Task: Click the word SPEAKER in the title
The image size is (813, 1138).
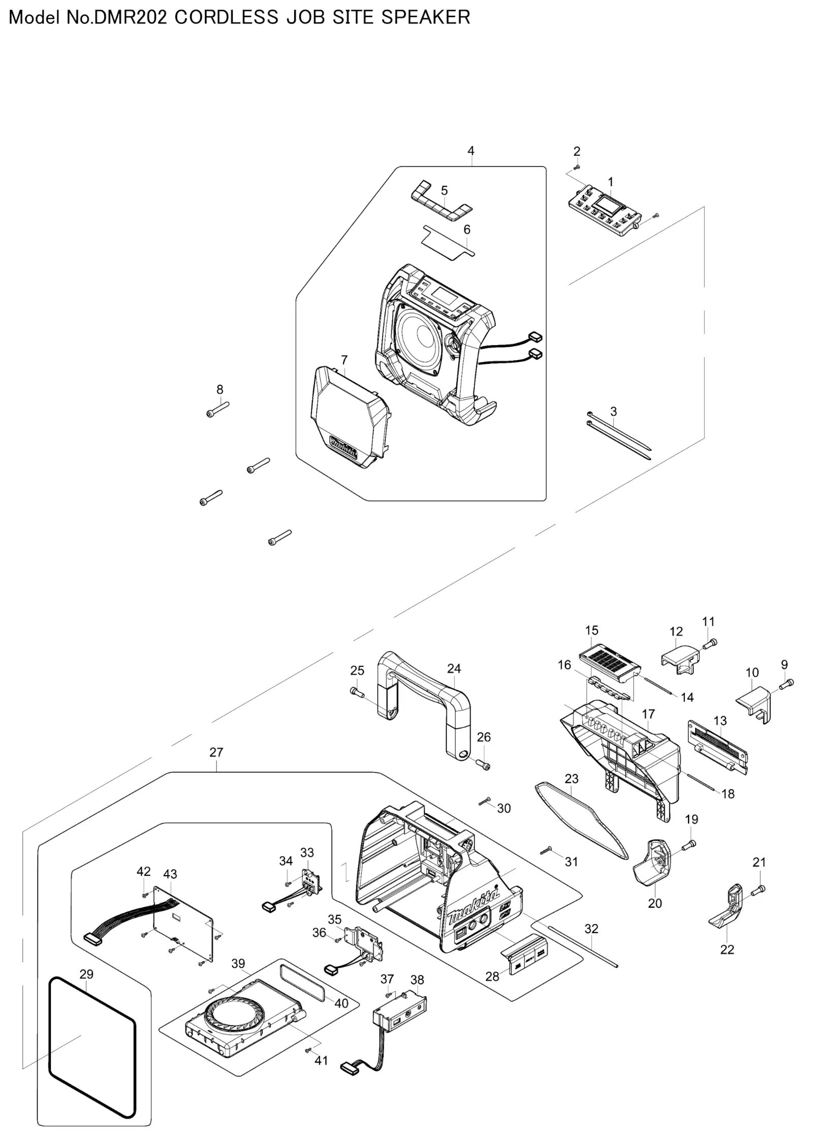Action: click(426, 17)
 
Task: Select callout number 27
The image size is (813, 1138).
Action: click(216, 752)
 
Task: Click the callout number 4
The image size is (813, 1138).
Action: click(471, 151)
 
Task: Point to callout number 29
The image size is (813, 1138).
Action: click(86, 974)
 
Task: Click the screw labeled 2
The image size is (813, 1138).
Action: click(576, 167)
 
